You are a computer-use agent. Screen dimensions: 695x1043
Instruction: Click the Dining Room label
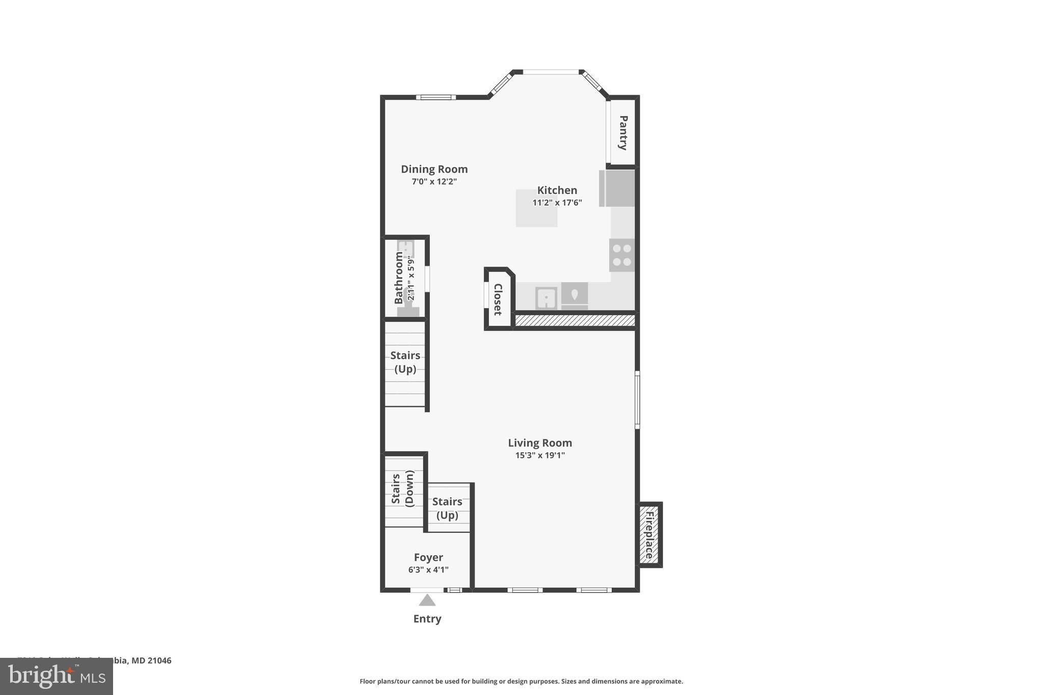pyautogui.click(x=434, y=169)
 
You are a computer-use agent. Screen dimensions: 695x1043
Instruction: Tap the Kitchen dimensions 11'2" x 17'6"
pyautogui.click(x=557, y=203)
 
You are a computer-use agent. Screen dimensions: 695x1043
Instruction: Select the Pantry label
pyautogui.click(x=623, y=132)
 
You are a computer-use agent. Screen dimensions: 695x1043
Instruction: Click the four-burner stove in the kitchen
pyautogui.click(x=622, y=255)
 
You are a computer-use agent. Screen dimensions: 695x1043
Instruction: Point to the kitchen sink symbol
pyautogui.click(x=546, y=298)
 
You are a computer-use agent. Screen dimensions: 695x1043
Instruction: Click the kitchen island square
pyautogui.click(x=536, y=208)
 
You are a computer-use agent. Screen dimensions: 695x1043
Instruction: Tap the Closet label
pyautogui.click(x=498, y=299)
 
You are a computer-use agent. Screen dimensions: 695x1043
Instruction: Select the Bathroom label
pyautogui.click(x=399, y=277)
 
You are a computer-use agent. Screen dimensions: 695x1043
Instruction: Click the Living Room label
pyautogui.click(x=540, y=443)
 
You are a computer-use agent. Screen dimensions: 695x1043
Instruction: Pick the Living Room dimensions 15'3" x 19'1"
pyautogui.click(x=540, y=455)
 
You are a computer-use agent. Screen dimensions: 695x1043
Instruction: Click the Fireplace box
pyautogui.click(x=650, y=535)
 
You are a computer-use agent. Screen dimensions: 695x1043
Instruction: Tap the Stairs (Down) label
pyautogui.click(x=402, y=489)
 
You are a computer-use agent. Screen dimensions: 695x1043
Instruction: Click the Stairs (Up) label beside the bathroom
pyautogui.click(x=405, y=362)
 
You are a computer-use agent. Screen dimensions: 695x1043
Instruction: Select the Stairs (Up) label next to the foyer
pyautogui.click(x=447, y=508)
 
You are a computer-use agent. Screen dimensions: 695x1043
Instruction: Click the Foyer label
pyautogui.click(x=428, y=558)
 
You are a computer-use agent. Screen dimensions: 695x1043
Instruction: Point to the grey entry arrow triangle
pyautogui.click(x=427, y=601)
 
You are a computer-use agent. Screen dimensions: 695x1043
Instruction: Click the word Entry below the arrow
pyautogui.click(x=427, y=619)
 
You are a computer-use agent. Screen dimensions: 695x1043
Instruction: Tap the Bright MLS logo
pyautogui.click(x=56, y=677)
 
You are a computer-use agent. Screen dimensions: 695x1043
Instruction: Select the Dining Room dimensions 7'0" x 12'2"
pyautogui.click(x=434, y=182)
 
